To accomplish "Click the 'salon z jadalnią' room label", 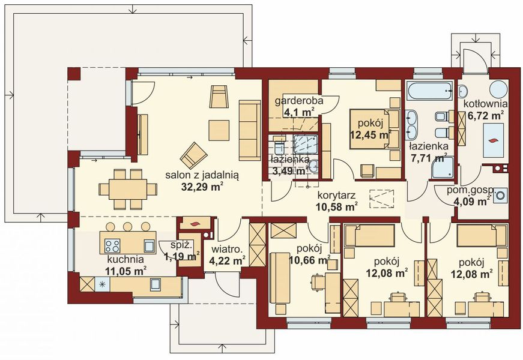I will pyautogui.click(x=202, y=175).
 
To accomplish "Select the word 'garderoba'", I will pyautogui.click(x=299, y=101).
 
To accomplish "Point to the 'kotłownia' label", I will pyautogui.click(x=485, y=103).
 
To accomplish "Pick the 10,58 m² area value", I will pyautogui.click(x=336, y=207).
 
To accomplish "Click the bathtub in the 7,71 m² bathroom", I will pyautogui.click(x=431, y=92).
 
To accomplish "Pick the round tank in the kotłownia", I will pyautogui.click(x=498, y=89).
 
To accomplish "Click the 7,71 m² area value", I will pyautogui.click(x=428, y=158).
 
